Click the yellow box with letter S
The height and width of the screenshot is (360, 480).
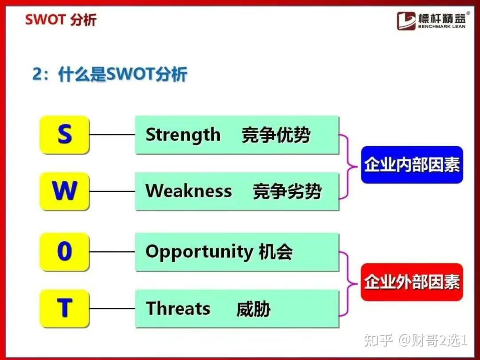64,135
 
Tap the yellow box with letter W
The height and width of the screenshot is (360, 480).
64,191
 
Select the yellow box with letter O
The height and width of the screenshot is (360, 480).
64,252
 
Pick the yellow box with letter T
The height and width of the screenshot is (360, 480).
64,308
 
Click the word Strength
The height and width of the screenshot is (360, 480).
183,135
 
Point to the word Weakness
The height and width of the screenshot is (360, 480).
188,191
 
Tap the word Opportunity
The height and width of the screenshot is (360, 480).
199,252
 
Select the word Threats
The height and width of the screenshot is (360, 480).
178,308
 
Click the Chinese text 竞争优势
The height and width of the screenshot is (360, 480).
276,135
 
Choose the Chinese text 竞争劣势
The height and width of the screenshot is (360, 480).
287,192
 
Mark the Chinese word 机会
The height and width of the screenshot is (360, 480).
276,252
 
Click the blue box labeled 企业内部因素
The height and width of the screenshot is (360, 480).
412,165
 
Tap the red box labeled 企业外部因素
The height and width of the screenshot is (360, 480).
412,282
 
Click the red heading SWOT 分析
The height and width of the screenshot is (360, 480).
60,20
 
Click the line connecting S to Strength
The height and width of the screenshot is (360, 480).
112,135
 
